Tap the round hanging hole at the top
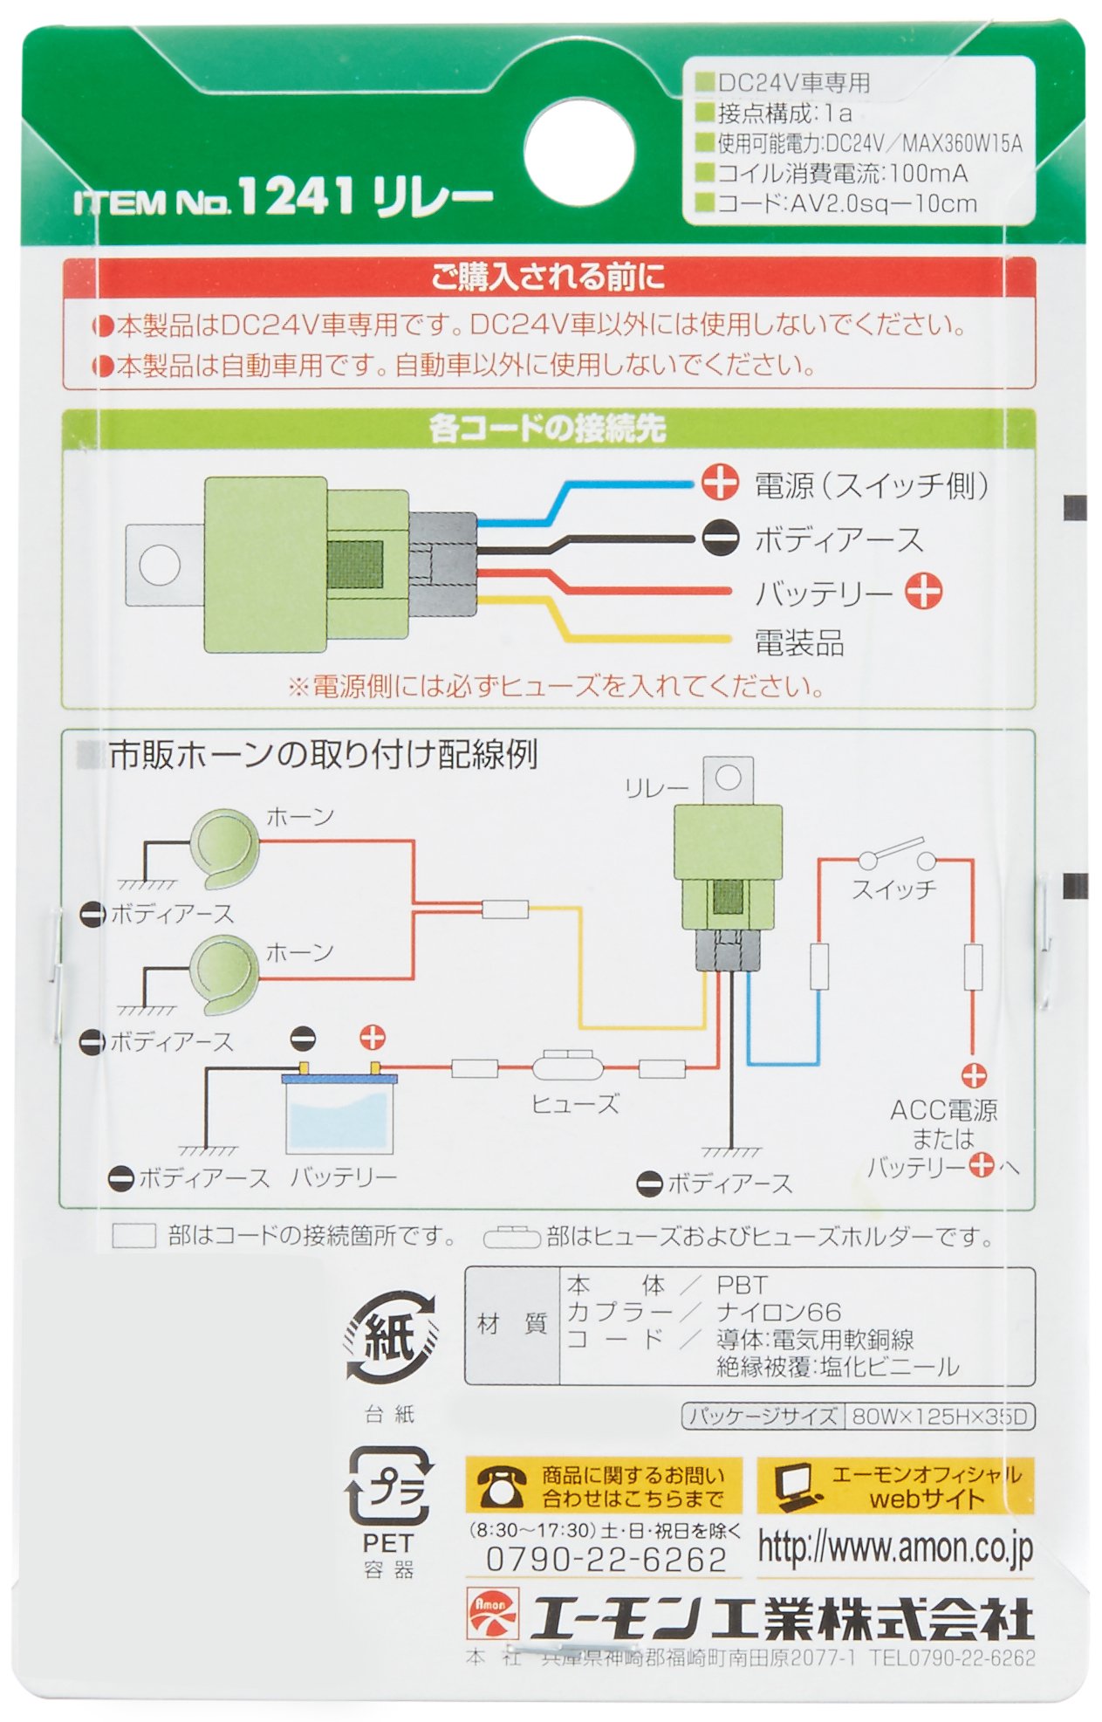[x=578, y=149]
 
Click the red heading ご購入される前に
[x=548, y=277]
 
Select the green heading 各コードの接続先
[x=547, y=428]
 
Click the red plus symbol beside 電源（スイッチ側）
[x=720, y=483]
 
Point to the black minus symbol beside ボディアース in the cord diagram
[x=720, y=538]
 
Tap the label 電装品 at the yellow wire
[x=798, y=643]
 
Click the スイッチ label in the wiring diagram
[x=893, y=889]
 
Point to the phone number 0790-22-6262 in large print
[x=606, y=1559]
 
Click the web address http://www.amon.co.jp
[x=894, y=1547]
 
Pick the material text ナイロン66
[x=778, y=1312]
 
